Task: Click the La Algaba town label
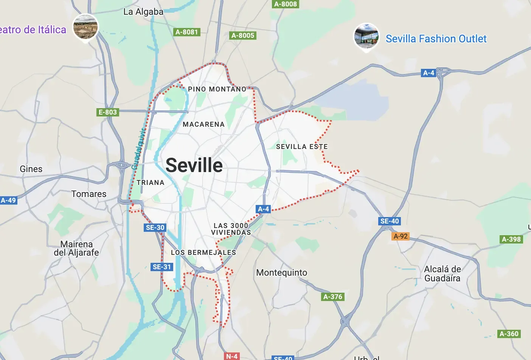[x=143, y=12]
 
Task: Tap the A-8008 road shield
[x=286, y=4]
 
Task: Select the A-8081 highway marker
[x=187, y=32]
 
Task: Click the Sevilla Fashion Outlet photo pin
[x=366, y=36]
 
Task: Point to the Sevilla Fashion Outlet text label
[x=436, y=39]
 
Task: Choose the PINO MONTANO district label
[x=217, y=89]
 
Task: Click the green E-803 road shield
[x=108, y=112]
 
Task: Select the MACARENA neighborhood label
[x=203, y=124]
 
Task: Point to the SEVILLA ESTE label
[x=302, y=147]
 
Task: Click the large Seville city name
[x=194, y=165]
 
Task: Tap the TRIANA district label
[x=151, y=183]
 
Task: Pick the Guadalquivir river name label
[x=138, y=149]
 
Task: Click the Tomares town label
[x=89, y=194]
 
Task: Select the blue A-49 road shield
[x=8, y=200]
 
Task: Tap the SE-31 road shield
[x=162, y=267]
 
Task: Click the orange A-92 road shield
[x=401, y=236]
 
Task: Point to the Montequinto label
[x=282, y=273]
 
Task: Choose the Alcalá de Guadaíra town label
[x=442, y=274]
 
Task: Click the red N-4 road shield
[x=231, y=356]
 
